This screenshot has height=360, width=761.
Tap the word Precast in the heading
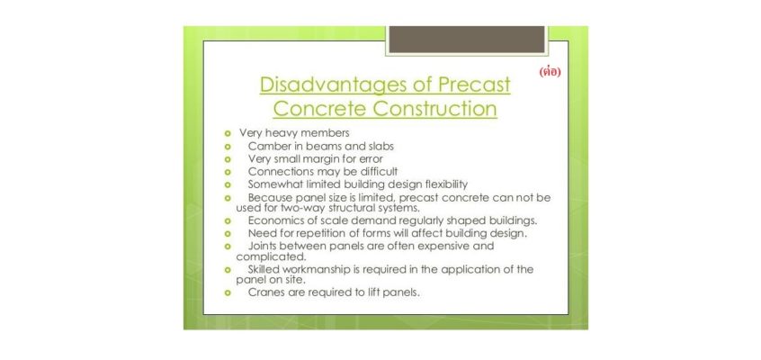[474, 84]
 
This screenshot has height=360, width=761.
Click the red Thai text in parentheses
[550, 72]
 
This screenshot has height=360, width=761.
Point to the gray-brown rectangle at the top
[467, 40]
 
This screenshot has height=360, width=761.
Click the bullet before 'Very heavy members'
[227, 133]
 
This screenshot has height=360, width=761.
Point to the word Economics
[273, 220]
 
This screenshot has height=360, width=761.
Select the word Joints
[262, 246]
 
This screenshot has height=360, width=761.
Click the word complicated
[272, 256]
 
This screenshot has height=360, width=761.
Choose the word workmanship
[315, 270]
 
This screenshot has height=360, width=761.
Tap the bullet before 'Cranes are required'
[227, 293]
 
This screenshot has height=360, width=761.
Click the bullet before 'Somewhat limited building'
[227, 185]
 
